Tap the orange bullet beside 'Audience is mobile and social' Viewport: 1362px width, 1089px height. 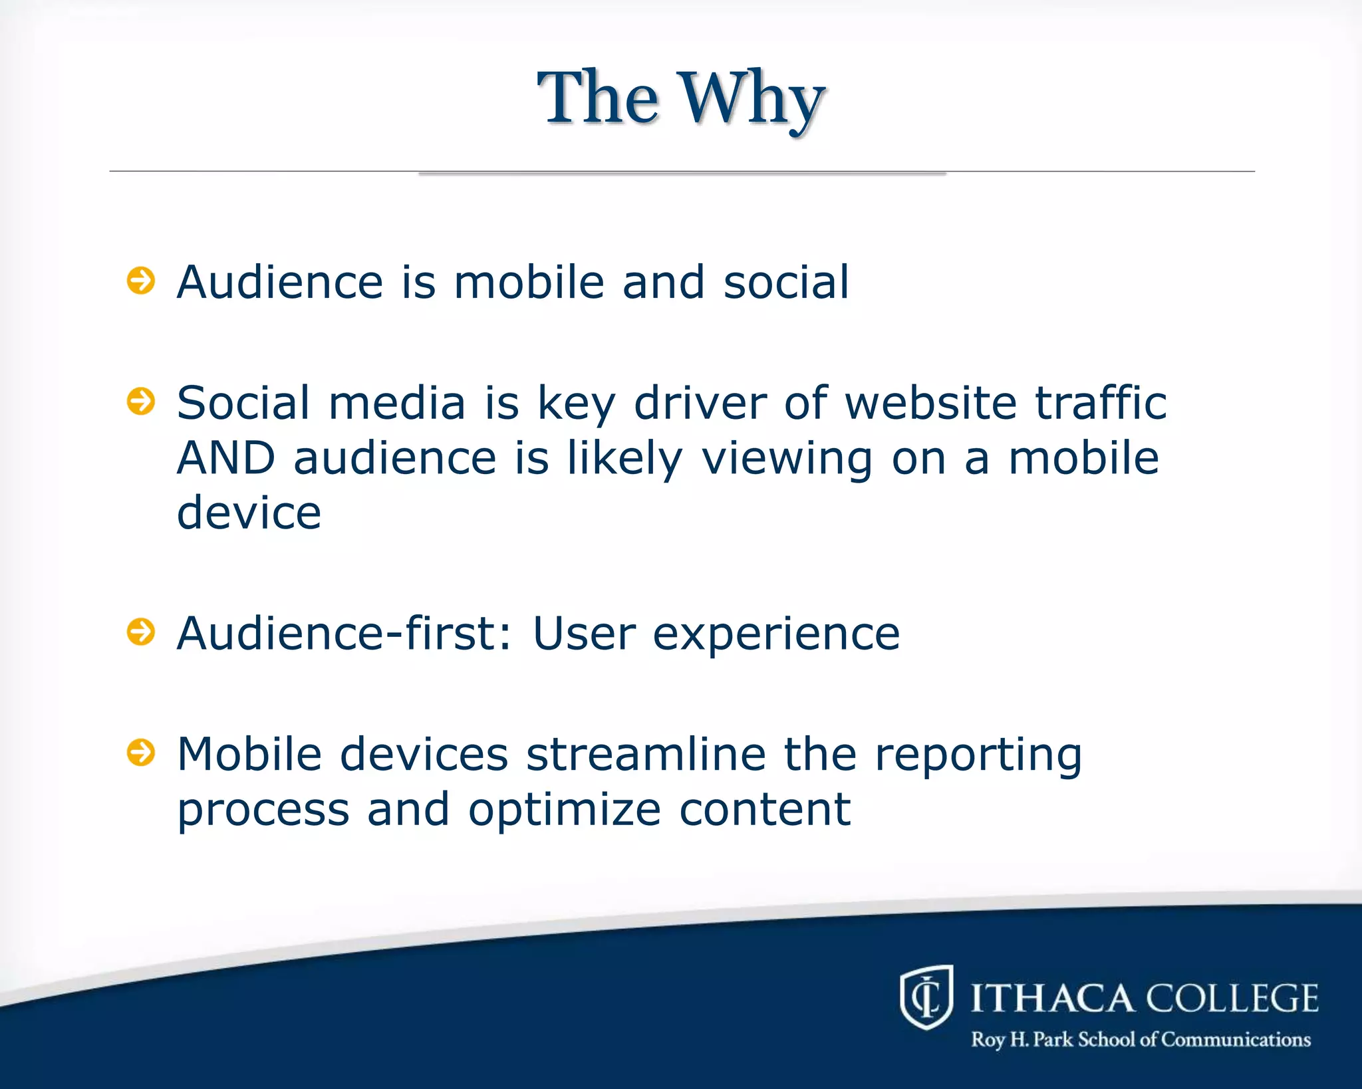pos(141,281)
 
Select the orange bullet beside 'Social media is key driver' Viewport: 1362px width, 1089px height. pos(141,402)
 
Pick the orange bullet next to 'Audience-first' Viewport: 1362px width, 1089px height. pos(141,632)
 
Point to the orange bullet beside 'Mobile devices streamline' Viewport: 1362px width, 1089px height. pos(141,753)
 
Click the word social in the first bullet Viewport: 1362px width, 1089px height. pos(786,282)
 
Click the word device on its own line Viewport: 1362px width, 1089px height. pos(249,513)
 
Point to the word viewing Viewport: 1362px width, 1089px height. pos(787,459)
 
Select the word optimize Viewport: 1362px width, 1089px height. pos(565,810)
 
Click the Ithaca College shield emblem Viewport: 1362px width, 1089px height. pos(926,997)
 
